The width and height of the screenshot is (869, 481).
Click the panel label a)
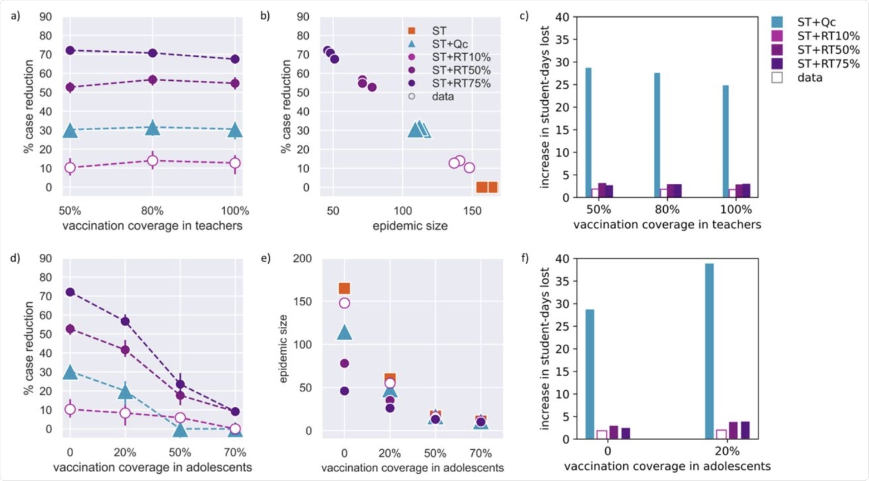[x=16, y=17]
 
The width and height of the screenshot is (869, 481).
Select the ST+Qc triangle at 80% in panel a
[x=153, y=128]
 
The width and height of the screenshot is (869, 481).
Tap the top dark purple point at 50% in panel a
[x=70, y=50]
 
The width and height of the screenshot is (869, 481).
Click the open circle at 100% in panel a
[x=235, y=163]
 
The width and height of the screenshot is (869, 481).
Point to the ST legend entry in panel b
[x=439, y=31]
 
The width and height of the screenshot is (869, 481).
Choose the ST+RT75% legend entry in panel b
[x=460, y=83]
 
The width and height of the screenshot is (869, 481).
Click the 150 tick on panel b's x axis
[x=472, y=211]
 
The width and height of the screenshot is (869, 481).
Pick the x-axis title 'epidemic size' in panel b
[x=410, y=226]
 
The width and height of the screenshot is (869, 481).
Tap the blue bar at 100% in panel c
[x=726, y=141]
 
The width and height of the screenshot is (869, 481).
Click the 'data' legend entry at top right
[x=810, y=78]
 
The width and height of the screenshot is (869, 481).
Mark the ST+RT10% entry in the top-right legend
[x=828, y=36]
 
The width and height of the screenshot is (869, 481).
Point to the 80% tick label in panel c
[x=667, y=210]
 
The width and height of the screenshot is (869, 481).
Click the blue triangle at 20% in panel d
[x=125, y=391]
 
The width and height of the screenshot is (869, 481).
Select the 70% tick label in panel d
[x=235, y=452]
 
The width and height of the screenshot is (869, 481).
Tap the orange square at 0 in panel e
[x=344, y=288]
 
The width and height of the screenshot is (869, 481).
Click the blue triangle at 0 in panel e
[x=344, y=333]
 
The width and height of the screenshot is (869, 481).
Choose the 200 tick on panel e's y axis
[x=302, y=259]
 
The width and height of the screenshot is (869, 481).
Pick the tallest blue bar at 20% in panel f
[x=709, y=351]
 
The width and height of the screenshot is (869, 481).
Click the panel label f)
[x=525, y=258]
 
